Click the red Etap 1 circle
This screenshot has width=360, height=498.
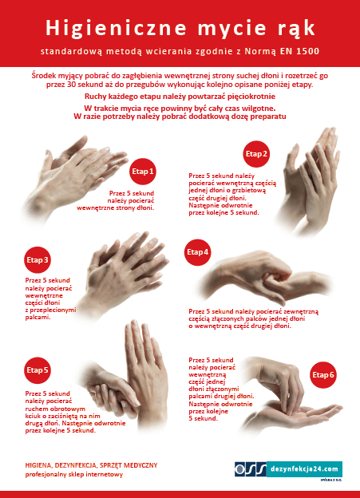[143, 172]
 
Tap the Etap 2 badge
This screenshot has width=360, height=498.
[256, 154]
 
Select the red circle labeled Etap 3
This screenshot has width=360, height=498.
[38, 260]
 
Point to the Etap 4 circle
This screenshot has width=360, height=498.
[198, 252]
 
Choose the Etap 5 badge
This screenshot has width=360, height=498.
[38, 370]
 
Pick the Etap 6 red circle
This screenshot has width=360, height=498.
[323, 375]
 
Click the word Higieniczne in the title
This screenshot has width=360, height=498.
[116, 28]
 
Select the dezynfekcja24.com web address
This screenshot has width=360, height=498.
[304, 469]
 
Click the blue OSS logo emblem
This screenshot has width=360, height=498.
[251, 469]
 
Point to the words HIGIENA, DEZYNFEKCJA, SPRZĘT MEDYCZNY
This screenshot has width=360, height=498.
[91, 465]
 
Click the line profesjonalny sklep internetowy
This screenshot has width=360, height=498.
[73, 475]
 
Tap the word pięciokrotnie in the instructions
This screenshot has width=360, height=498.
[251, 97]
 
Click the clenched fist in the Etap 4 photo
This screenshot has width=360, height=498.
[276, 274]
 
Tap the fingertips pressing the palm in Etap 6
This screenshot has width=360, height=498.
[290, 410]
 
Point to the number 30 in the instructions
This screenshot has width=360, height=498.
[71, 85]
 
